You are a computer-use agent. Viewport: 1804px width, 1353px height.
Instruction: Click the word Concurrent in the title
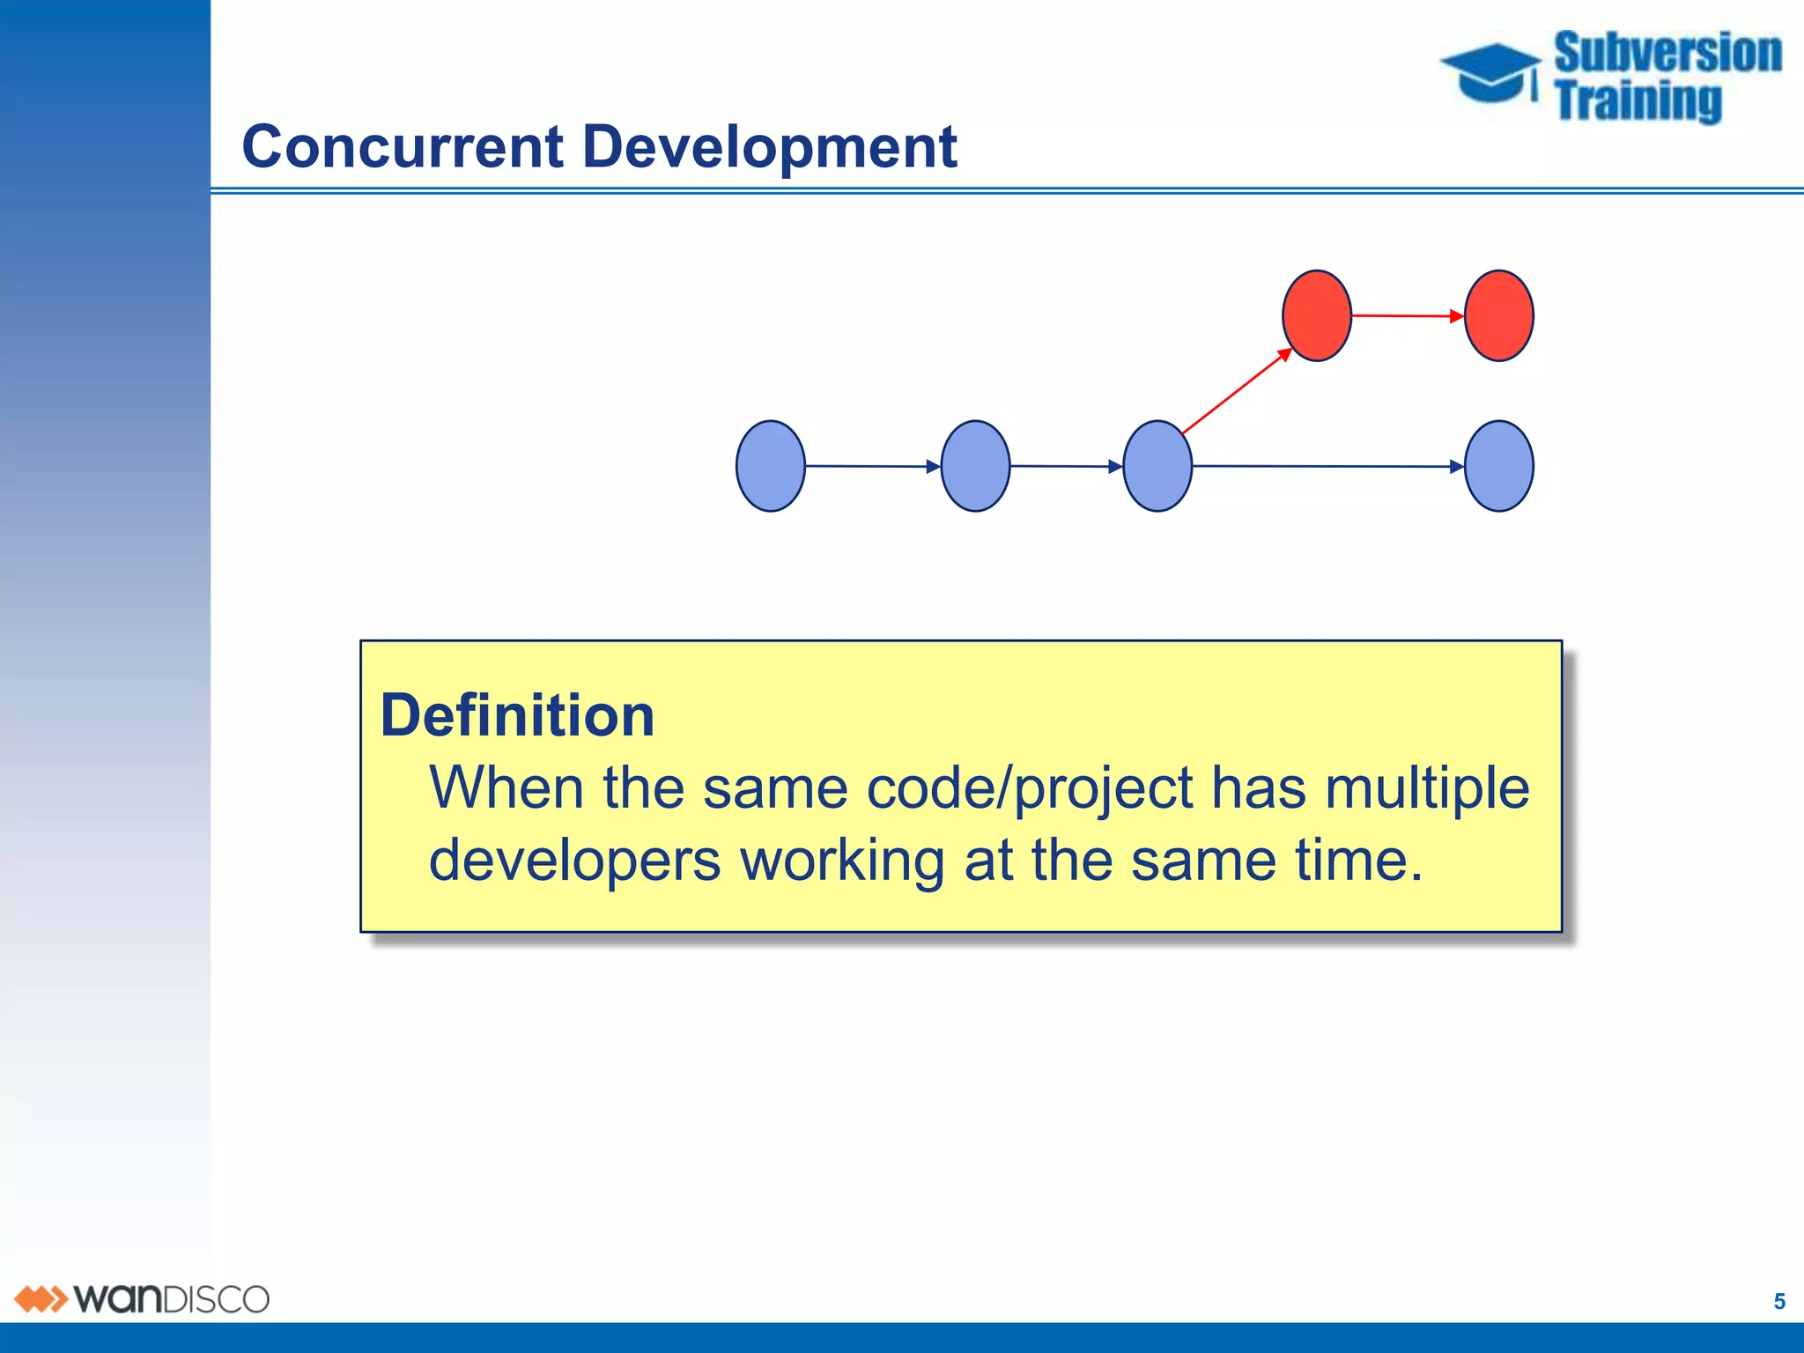point(402,146)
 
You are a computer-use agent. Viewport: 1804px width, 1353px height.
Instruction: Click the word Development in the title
point(769,146)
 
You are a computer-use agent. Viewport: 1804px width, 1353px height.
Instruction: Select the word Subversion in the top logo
point(1667,53)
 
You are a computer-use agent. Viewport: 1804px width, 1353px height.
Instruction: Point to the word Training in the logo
point(1638,100)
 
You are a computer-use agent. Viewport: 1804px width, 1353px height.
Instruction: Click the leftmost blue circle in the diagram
point(771,466)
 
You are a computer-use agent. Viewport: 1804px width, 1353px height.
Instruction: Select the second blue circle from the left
point(975,466)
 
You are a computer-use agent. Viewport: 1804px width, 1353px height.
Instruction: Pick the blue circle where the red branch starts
point(1157,466)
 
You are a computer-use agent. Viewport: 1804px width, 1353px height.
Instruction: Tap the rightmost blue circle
point(1498,466)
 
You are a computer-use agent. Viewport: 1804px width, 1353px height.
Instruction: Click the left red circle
point(1317,315)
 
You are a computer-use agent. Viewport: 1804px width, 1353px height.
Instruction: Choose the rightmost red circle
point(1498,315)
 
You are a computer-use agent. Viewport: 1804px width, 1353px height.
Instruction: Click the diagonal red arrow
point(1237,391)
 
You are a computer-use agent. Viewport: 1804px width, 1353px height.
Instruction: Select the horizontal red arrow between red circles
point(1408,315)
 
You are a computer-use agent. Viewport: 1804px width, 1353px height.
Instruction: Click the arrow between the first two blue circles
point(872,466)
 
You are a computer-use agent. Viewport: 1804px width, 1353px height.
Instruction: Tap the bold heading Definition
point(517,715)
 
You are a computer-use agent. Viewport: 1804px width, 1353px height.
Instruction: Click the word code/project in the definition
point(1029,787)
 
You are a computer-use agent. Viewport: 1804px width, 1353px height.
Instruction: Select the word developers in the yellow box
point(574,861)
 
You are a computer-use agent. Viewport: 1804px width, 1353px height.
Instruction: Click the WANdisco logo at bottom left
point(141,1299)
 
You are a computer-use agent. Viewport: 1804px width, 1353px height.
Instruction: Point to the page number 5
point(1779,1302)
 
